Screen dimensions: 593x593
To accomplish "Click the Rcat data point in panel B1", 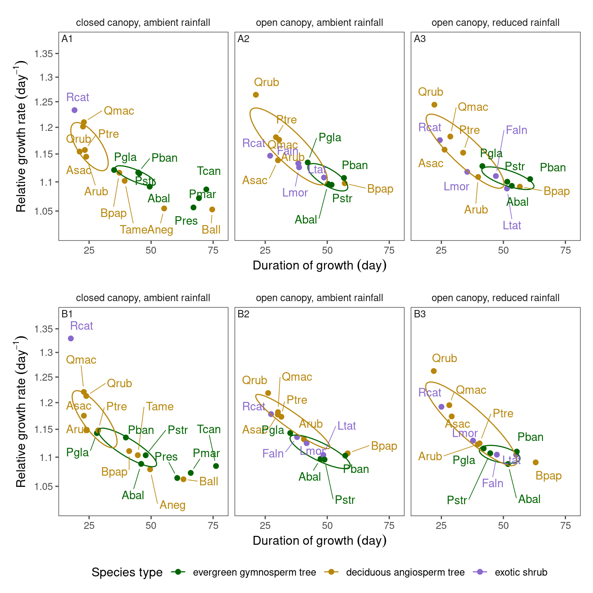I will [x=71, y=339].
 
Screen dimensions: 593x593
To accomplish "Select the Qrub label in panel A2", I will [x=266, y=82].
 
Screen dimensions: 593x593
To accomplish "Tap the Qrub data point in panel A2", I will [x=256, y=95].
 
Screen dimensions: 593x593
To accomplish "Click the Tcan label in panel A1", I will [x=208, y=171].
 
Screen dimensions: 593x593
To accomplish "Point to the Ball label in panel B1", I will [x=208, y=481].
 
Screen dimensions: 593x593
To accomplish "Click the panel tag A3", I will [x=420, y=39].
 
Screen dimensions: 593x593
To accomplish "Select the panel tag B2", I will [x=243, y=314].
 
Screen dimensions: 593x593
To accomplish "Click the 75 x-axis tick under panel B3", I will [x=565, y=525].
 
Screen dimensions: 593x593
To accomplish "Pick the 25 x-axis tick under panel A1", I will [x=89, y=250].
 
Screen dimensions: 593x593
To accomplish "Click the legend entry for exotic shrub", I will [x=521, y=572].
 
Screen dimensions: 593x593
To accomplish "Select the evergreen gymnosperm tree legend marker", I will [x=178, y=572].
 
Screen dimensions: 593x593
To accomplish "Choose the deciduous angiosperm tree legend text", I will [x=405, y=572].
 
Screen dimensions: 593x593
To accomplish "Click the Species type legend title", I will [x=127, y=572].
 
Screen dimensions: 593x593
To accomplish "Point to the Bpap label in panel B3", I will [x=548, y=476].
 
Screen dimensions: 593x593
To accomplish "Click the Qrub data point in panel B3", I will [x=434, y=371].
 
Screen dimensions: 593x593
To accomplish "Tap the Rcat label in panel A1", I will [x=78, y=97].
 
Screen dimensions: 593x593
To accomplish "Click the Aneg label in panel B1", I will [x=172, y=505].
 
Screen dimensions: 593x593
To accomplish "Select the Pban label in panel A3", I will [x=552, y=168].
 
